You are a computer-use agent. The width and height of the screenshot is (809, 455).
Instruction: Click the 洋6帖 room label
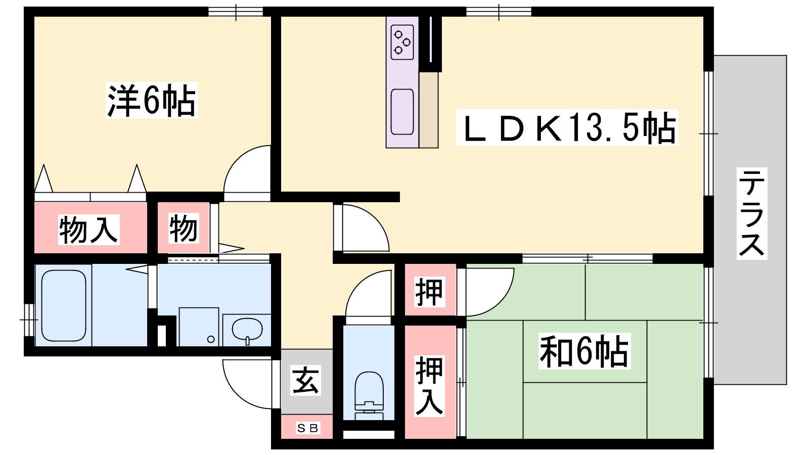[152, 101]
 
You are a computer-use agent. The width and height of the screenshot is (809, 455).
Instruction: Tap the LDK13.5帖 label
[567, 127]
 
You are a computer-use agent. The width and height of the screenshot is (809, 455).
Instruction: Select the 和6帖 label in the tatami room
[585, 351]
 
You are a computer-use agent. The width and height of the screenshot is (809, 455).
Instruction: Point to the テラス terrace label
[752, 213]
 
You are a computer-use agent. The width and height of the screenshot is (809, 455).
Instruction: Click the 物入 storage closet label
[89, 230]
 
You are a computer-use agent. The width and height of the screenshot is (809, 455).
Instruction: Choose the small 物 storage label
[184, 228]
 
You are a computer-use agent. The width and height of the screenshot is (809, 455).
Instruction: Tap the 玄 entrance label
[305, 380]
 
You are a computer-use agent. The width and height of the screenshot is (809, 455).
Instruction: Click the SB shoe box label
[307, 428]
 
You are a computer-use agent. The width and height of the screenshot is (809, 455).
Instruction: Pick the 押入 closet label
[429, 386]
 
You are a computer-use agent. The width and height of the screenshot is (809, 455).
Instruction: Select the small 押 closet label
[429, 291]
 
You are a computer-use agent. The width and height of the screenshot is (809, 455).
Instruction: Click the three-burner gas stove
[402, 42]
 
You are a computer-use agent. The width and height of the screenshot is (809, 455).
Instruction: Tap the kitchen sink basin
[402, 112]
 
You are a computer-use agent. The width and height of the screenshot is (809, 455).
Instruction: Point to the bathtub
[64, 305]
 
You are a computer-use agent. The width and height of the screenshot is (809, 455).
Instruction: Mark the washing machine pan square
[199, 327]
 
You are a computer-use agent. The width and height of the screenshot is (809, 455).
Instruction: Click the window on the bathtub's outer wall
[29, 320]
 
